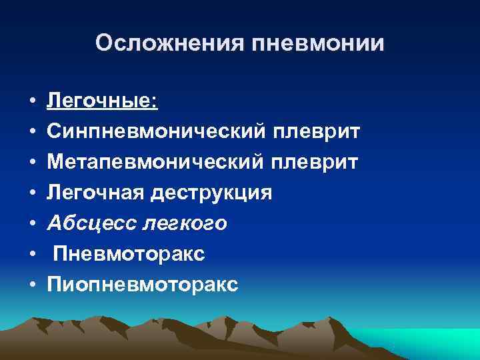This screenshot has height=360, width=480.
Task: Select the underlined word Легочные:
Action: pyautogui.click(x=102, y=101)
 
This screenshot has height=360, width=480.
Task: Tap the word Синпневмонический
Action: pyautogui.click(x=156, y=132)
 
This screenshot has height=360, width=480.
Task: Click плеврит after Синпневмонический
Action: pyautogui.click(x=316, y=132)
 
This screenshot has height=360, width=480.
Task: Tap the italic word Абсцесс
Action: pyautogui.click(x=91, y=223)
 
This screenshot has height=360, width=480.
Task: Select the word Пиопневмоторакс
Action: pyautogui.click(x=142, y=285)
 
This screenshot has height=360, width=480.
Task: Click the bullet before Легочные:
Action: pyautogui.click(x=32, y=102)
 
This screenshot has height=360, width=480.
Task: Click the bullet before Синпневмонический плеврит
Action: pyautogui.click(x=32, y=133)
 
